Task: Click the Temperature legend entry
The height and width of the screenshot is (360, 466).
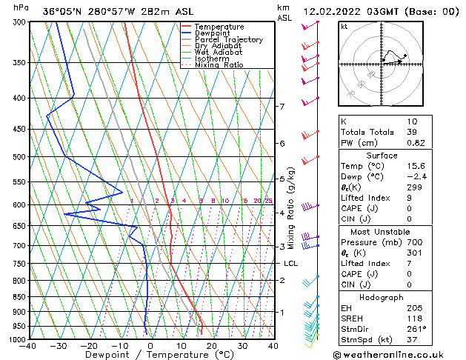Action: pyautogui.click(x=219, y=27)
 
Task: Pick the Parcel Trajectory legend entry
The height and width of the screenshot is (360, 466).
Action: pyautogui.click(x=228, y=40)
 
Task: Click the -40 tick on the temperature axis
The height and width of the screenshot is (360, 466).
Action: pyautogui.click(x=28, y=346)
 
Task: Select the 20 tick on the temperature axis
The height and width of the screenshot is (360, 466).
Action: pyautogui.click(x=212, y=346)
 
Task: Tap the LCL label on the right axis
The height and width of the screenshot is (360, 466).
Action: pyautogui.click(x=290, y=264)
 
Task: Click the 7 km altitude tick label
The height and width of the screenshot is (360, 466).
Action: pyautogui.click(x=282, y=107)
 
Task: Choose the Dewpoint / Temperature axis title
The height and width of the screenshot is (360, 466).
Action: pyautogui.click(x=150, y=356)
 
